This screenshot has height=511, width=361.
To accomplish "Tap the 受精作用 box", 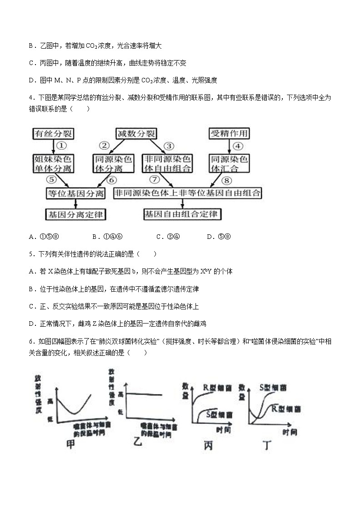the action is [x=229, y=133].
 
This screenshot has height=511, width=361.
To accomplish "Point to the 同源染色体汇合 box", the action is [x=229, y=164].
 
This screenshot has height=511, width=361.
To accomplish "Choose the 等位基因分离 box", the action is [x=75, y=193].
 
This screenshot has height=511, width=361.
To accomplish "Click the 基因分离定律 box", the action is [x=75, y=214].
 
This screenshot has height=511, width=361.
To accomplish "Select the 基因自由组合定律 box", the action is [x=181, y=214].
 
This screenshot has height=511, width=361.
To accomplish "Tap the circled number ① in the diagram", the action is [x=63, y=146].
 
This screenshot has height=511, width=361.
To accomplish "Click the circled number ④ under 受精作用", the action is [x=237, y=146].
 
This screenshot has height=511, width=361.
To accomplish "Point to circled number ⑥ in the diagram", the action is [x=111, y=180].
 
